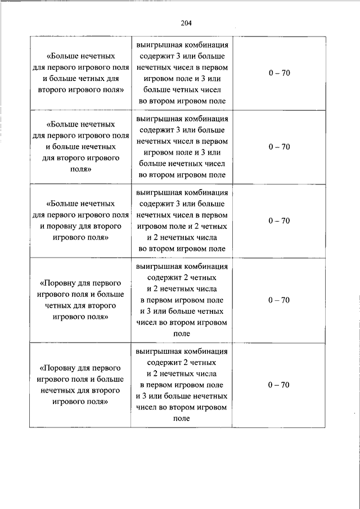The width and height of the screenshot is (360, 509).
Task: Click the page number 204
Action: coord(187,23)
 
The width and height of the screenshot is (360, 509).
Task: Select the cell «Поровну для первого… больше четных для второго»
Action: coord(81,300)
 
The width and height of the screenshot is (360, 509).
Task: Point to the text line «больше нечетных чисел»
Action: coord(182,164)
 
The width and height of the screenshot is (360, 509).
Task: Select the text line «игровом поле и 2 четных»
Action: coord(182,226)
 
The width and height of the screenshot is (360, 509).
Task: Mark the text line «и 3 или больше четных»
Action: coord(182,311)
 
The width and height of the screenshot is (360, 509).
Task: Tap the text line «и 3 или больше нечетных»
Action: coord(182,396)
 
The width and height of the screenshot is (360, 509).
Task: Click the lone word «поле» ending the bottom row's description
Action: coord(182,418)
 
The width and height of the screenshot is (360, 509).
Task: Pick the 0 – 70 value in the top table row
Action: coord(279,73)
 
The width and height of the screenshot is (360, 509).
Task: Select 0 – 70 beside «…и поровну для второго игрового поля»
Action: coord(279,220)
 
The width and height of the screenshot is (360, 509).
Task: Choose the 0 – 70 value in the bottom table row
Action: coord(279,385)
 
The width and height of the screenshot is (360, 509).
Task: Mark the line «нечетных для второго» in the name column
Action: coord(81,390)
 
